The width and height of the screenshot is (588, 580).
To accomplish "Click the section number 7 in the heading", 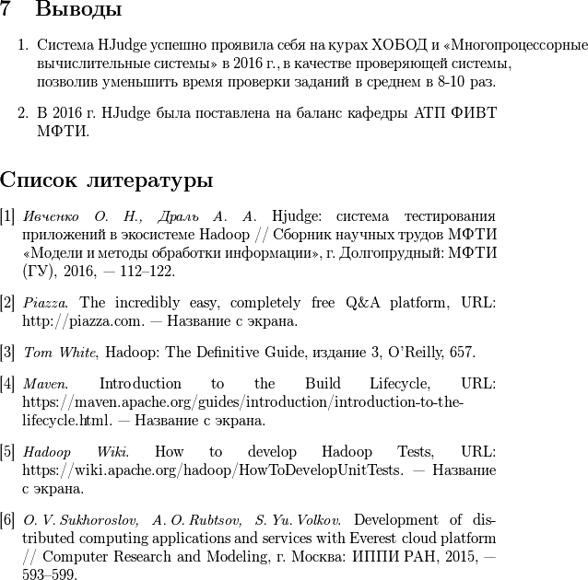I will (6, 11).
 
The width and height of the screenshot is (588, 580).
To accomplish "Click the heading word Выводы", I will (78, 11).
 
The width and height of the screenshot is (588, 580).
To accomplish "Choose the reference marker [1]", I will (7, 216).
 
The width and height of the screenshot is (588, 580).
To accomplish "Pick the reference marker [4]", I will (7, 383).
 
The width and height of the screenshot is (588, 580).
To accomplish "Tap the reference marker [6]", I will (7, 518).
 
